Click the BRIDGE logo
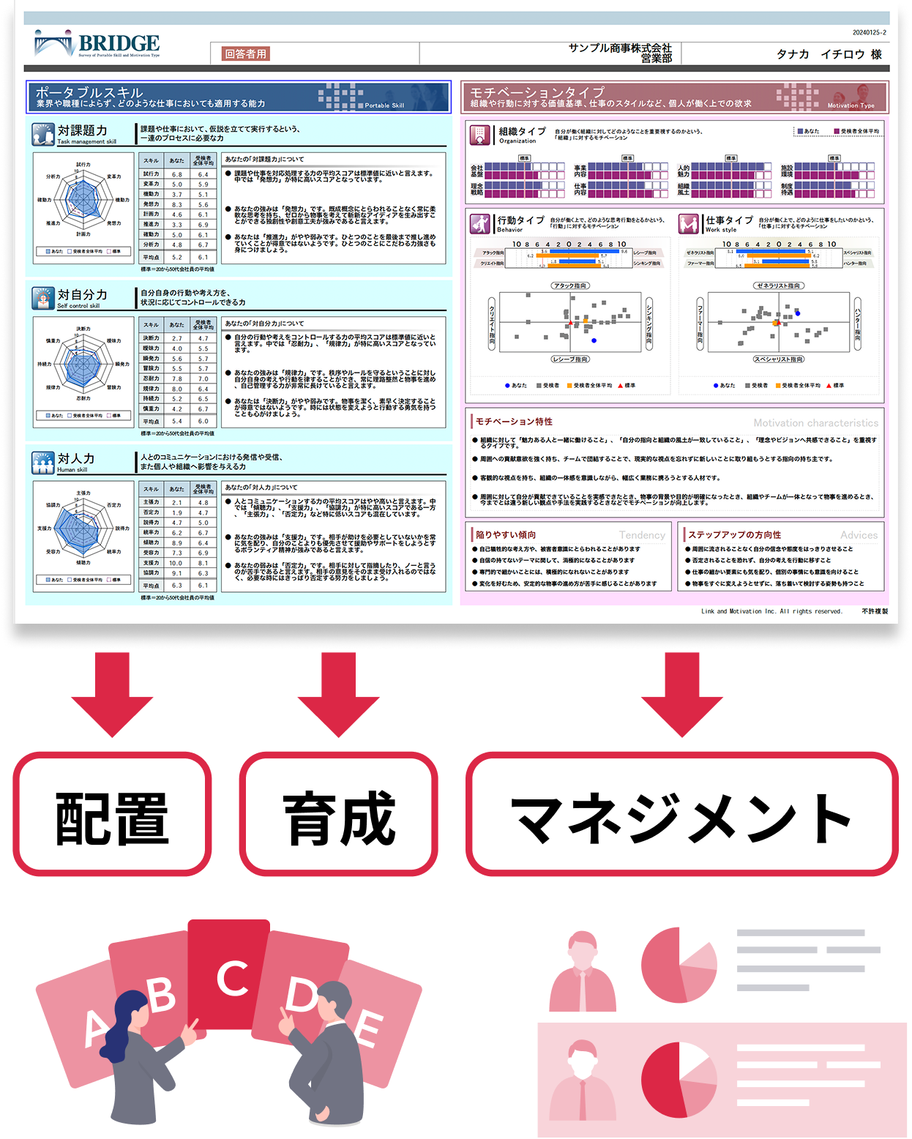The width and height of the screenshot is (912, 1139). pyautogui.click(x=97, y=44)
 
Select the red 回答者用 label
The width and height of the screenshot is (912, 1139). pyautogui.click(x=245, y=53)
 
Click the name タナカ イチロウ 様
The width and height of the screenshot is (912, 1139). pyautogui.click(x=829, y=54)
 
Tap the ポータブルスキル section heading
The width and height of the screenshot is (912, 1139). pyautogui.click(x=89, y=93)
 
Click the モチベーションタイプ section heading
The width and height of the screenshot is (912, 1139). pyautogui.click(x=537, y=93)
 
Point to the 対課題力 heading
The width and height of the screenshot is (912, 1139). pyautogui.click(x=82, y=131)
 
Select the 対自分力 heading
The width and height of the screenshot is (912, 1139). pyautogui.click(x=82, y=295)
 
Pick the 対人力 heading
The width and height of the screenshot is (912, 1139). pyautogui.click(x=76, y=459)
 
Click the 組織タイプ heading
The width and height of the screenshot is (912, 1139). pyautogui.click(x=522, y=132)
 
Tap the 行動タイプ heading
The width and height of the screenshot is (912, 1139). pyautogui.click(x=520, y=220)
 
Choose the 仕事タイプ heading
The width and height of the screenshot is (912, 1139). pyautogui.click(x=728, y=220)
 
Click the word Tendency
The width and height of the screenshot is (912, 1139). pyautogui.click(x=642, y=535)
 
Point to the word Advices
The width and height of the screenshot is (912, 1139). pyautogui.click(x=859, y=535)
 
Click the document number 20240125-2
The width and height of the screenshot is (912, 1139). pyautogui.click(x=869, y=32)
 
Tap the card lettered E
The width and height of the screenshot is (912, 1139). pyautogui.click(x=370, y=1028)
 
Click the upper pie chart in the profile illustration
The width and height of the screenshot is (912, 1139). pyautogui.click(x=679, y=965)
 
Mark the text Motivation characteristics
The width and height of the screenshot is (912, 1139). pyautogui.click(x=815, y=423)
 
